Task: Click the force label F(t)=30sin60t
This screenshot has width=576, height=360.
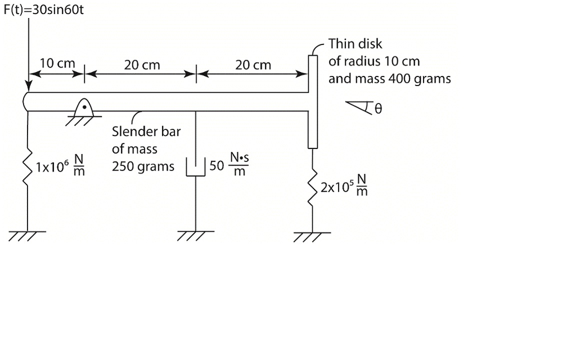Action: (x=44, y=11)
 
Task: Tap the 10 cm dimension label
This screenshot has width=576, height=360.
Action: (x=57, y=64)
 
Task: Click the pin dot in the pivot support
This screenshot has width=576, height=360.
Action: (x=84, y=105)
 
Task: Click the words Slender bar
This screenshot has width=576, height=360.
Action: (x=146, y=132)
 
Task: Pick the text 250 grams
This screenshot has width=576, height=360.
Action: (x=143, y=167)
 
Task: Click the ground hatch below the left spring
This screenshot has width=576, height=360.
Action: (x=27, y=235)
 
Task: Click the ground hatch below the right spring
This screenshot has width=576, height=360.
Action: (x=313, y=236)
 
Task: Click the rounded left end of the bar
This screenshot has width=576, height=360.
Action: (x=26, y=101)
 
